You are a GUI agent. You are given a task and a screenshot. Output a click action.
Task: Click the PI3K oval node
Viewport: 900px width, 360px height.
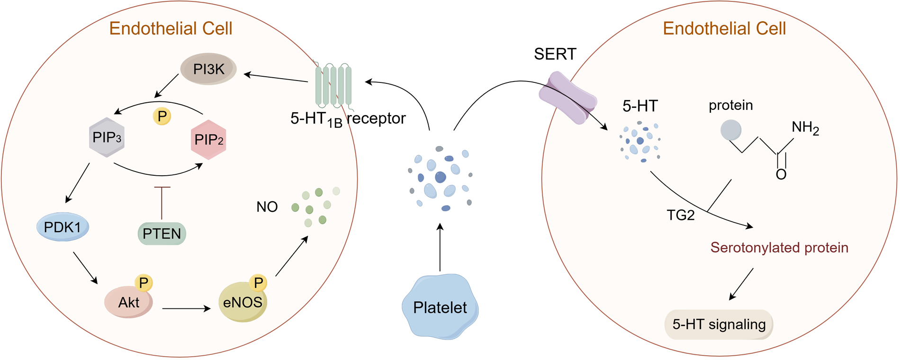pos(208,69)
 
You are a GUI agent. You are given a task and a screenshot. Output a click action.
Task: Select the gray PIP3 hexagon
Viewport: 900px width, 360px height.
pos(107,137)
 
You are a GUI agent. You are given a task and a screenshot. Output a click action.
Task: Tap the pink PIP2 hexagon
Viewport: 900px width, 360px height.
pos(208,140)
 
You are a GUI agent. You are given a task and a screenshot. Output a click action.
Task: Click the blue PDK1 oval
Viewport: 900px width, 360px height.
pos(63,227)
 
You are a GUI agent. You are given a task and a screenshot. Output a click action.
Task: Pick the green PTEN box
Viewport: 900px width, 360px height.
pos(162,234)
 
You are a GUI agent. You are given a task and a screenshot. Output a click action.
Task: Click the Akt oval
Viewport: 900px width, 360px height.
pos(128,302)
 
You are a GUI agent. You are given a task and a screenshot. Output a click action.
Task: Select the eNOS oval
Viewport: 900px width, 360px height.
pos(242,302)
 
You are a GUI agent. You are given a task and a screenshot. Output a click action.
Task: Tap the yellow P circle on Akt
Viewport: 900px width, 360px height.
pos(144,283)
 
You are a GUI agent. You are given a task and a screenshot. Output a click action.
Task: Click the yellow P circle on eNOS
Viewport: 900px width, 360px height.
pos(258,283)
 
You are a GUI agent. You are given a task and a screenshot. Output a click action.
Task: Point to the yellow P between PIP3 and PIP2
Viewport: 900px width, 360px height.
pos(162,116)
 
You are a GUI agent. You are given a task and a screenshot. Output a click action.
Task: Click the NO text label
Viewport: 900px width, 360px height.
pos(267,207)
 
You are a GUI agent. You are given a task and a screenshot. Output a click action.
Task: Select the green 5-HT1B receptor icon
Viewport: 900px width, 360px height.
pos(333,85)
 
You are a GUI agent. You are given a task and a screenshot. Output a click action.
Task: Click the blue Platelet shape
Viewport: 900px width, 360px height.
pos(440,307)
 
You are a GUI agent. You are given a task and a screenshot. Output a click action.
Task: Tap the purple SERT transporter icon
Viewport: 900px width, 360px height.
pos(567,98)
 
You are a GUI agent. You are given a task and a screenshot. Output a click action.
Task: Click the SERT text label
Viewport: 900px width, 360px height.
pos(555,54)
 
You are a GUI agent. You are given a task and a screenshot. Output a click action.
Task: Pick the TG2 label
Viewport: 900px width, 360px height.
pos(680,215)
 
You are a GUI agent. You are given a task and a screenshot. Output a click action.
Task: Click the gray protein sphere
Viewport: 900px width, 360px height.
pos(730,130)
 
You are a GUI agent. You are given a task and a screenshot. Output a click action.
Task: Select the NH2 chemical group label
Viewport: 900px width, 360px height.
pos(805,127)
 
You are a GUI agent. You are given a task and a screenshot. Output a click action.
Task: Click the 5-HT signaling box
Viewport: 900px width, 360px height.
pos(719,324)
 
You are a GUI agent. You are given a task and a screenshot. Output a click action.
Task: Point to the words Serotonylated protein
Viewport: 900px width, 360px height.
pos(779,247)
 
